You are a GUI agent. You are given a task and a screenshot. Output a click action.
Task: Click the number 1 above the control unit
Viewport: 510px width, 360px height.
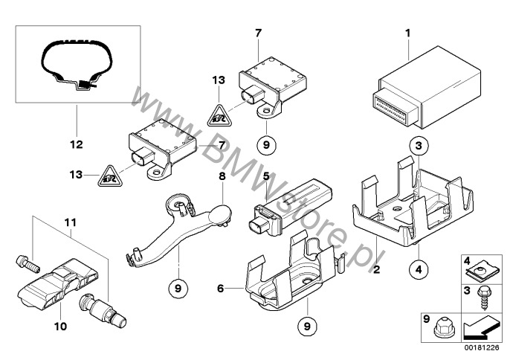point(408,33)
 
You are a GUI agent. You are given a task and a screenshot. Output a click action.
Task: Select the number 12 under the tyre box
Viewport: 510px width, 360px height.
point(77,144)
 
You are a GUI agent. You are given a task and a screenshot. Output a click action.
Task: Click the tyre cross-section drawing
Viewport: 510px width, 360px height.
point(78,68)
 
